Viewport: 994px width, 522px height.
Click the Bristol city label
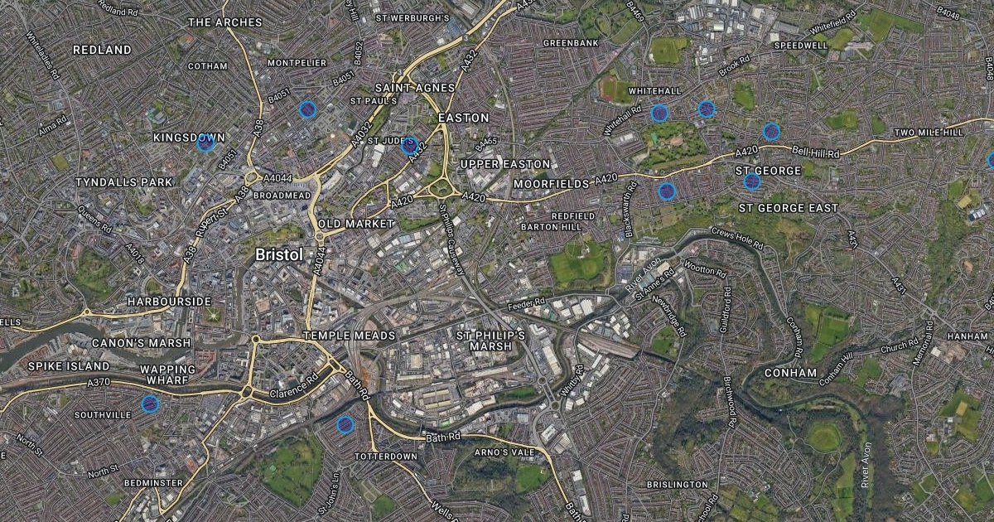[279, 254]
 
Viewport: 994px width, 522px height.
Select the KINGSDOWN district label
[189, 137]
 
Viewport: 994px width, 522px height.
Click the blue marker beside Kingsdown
[205, 143]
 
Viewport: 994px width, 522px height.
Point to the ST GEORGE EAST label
[788, 208]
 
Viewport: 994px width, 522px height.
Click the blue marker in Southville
[150, 404]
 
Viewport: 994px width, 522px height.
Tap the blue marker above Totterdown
[345, 425]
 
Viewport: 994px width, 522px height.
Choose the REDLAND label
[102, 50]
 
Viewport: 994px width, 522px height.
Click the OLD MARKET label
[355, 225]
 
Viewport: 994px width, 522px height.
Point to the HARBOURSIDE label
[170, 302]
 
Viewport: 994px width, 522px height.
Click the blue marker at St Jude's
[408, 146]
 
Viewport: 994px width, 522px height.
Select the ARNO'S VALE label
[501, 452]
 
